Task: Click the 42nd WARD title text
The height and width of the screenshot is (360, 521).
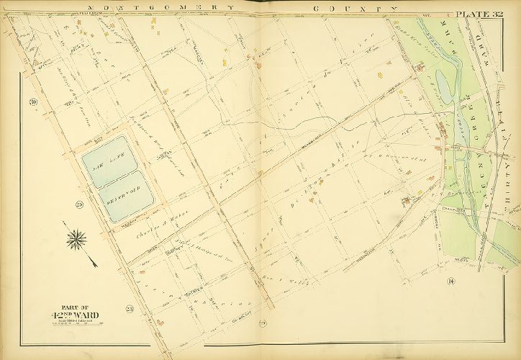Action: [75, 315]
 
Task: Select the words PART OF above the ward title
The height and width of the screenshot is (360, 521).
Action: [74, 305]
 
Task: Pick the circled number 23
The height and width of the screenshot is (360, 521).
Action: [130, 310]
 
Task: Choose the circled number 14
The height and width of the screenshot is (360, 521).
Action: [450, 281]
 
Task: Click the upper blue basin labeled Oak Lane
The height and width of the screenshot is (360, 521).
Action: [105, 160]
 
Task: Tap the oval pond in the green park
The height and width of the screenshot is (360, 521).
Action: [444, 89]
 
